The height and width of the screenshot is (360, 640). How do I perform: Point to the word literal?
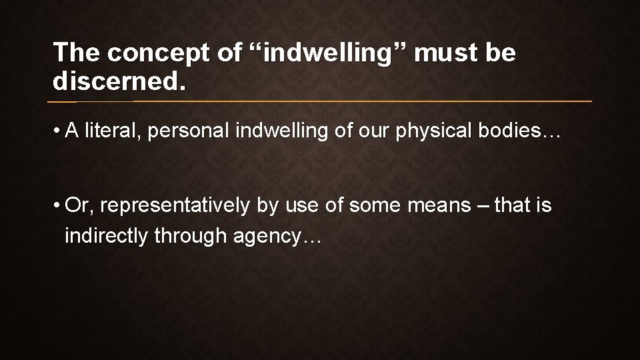pyautogui.click(x=115, y=131)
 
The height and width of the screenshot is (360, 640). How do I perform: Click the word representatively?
pyautogui.click(x=177, y=206)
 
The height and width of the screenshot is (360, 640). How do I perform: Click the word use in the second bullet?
pyautogui.click(x=301, y=206)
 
